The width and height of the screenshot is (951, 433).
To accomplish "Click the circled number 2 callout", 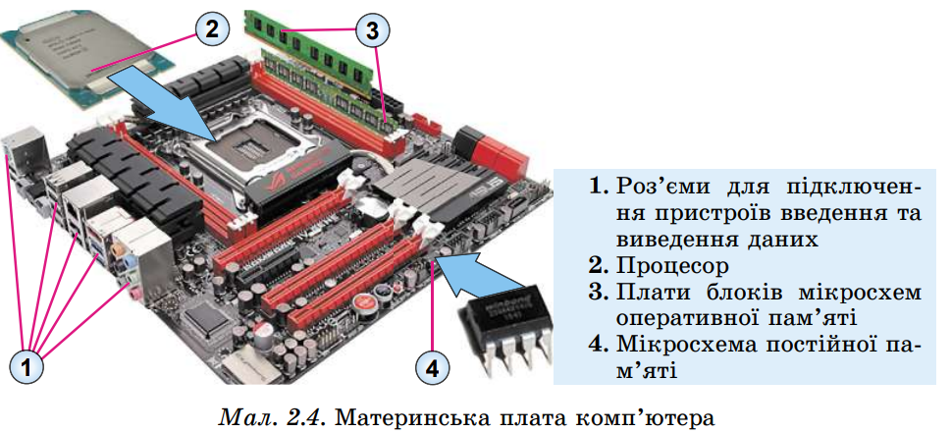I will [x=210, y=28].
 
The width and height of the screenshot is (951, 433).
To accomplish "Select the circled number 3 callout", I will [x=370, y=30].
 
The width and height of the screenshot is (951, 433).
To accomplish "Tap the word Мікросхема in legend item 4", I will [x=692, y=344].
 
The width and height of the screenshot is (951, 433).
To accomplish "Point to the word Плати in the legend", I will [x=649, y=292].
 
